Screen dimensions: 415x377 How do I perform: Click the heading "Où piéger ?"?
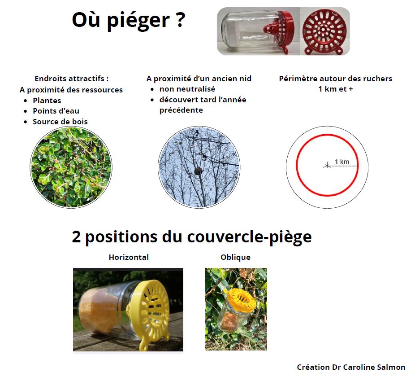(128, 21)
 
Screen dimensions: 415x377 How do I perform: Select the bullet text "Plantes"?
(47, 101)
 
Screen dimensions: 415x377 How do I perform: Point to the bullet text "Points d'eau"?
(56, 111)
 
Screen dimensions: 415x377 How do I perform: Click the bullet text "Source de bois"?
(60, 122)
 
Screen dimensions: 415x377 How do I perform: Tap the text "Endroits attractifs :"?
(71, 79)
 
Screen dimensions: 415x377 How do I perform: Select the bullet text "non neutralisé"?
(187, 89)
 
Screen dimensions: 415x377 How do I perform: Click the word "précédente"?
(181, 110)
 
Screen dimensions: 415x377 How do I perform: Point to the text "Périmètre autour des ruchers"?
(336, 79)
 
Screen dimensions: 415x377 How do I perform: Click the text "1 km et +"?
(336, 89)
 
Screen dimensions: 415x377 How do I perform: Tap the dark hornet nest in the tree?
(199, 171)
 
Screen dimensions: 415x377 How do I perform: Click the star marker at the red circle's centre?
(327, 166)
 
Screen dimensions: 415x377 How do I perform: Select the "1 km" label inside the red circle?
(342, 162)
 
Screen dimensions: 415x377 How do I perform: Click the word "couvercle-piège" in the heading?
(249, 237)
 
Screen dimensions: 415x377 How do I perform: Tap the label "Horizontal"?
(129, 257)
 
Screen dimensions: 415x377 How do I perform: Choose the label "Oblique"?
(236, 257)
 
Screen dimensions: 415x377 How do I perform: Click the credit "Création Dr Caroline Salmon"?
(351, 367)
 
